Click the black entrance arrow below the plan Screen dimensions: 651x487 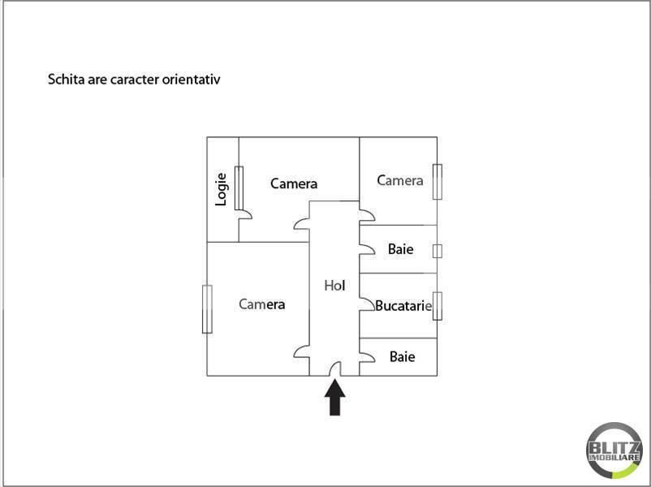click(335, 398)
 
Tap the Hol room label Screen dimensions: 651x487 click(334, 285)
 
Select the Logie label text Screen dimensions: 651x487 click(221, 189)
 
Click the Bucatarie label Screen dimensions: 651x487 click(403, 306)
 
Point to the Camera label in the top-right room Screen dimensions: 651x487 click(399, 180)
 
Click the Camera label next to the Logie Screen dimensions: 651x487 click(293, 183)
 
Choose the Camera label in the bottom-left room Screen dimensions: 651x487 click(261, 304)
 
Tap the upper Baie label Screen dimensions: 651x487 click(400, 249)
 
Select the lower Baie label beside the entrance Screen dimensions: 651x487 click(402, 356)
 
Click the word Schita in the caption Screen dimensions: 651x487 click(66, 80)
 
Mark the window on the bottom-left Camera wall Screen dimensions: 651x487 click(207, 308)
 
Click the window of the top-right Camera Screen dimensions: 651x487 click(437, 181)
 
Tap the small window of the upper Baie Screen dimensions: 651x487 click(437, 250)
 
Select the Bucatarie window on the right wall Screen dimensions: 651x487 click(437, 305)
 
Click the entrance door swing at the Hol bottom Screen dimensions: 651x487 click(335, 369)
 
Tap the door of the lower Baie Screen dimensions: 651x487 click(366, 356)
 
